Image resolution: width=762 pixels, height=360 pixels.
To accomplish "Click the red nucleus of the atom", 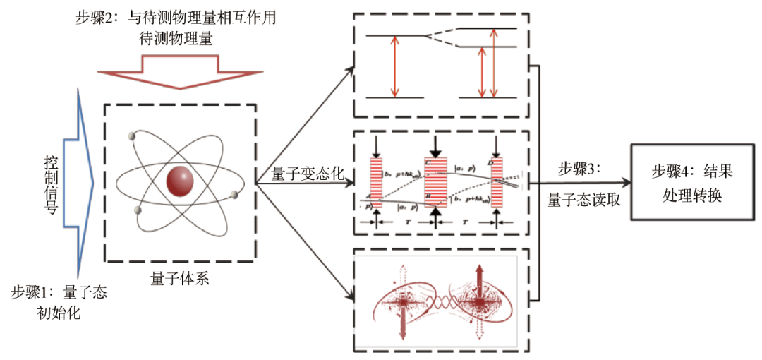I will [x=181, y=182].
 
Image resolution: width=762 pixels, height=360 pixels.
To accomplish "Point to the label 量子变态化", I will [x=306, y=172].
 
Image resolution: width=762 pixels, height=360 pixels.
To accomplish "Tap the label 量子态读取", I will [x=583, y=200].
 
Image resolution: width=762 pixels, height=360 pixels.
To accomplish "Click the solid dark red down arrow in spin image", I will [x=402, y=321].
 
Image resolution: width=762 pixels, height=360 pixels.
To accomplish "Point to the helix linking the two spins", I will [x=440, y=305].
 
